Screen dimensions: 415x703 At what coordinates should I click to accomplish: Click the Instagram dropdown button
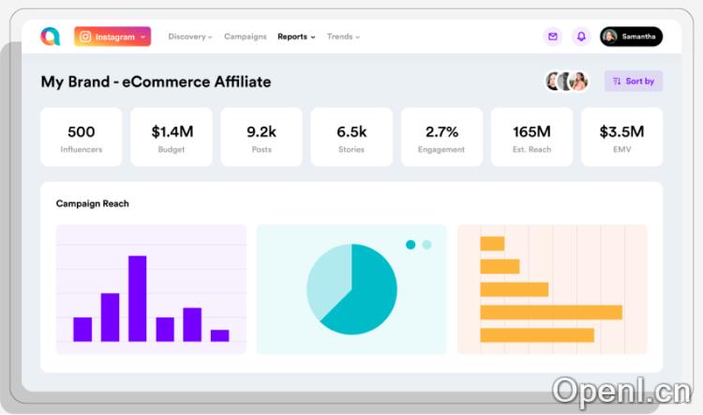(112, 37)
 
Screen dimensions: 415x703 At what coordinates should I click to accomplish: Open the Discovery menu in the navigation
(189, 37)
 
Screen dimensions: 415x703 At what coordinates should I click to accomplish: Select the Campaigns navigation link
(245, 37)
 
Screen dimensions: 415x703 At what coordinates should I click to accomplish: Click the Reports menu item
(295, 37)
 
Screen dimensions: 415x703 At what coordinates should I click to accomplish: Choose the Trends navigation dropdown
(342, 37)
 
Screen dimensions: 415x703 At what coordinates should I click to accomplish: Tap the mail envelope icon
(553, 37)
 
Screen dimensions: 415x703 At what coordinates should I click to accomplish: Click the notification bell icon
(581, 37)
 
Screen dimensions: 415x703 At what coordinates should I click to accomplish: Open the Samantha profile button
(631, 37)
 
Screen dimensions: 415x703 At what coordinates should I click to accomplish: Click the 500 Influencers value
(82, 131)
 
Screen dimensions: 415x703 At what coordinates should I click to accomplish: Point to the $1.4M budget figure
(172, 131)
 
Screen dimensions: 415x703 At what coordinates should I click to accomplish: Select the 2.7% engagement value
(441, 131)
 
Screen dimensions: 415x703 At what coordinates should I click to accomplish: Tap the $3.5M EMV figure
(621, 131)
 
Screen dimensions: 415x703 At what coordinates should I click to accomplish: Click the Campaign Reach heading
(92, 204)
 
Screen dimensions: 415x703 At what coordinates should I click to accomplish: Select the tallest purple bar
(138, 298)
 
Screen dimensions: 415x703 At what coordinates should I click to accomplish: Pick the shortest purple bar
(219, 335)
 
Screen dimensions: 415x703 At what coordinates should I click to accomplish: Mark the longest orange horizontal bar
(551, 312)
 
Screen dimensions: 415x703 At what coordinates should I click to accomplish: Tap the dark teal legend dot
(411, 245)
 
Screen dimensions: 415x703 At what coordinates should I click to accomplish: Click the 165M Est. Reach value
(531, 131)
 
